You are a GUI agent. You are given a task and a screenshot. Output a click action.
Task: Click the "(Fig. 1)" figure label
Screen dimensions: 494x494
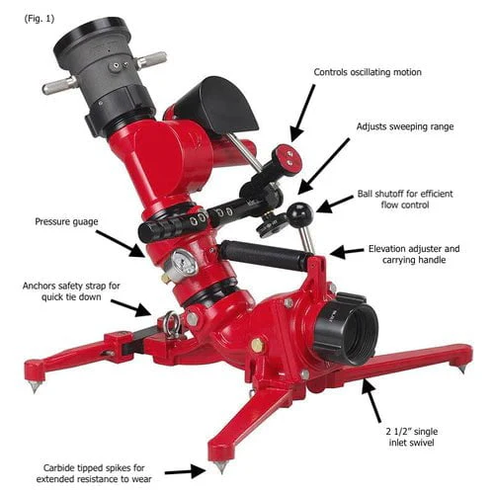click(40, 19)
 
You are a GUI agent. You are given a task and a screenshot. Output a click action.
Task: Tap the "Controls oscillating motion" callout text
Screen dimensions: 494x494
click(368, 72)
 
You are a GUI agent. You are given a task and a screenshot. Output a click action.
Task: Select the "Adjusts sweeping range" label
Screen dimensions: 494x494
click(405, 126)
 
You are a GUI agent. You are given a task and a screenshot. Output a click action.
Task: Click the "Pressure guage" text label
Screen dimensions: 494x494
click(66, 221)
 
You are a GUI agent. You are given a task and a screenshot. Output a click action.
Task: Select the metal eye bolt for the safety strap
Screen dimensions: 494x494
click(172, 324)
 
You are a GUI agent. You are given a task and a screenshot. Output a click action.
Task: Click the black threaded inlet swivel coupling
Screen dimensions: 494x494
click(345, 332)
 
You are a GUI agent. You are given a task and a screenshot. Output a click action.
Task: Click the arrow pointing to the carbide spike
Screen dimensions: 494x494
click(186, 471)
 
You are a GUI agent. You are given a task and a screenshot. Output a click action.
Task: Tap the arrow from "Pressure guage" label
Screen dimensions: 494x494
click(121, 243)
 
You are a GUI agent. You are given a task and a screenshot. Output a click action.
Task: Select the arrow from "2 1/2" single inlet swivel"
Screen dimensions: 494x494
click(371, 400)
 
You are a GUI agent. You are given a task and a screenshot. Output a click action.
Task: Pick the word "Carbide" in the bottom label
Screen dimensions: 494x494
click(59, 467)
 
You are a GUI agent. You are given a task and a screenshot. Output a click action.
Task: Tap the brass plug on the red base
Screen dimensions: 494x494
click(257, 345)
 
